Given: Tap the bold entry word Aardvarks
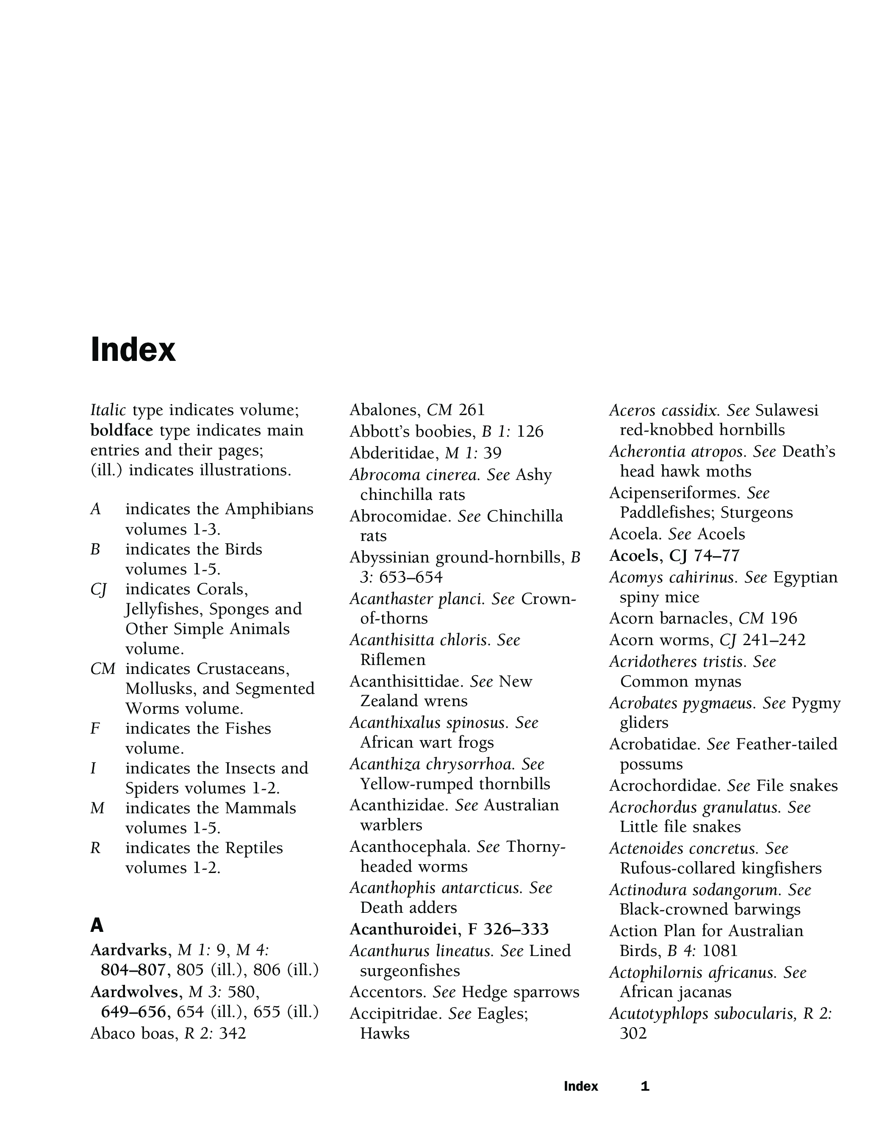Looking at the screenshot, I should point(130,950).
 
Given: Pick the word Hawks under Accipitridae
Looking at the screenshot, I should point(385,1034).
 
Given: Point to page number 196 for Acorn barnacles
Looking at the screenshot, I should point(784,618).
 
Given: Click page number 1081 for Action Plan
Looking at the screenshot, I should point(719,951).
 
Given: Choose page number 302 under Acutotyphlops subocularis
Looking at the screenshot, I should point(633,1034).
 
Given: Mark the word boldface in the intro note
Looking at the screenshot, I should point(122,430).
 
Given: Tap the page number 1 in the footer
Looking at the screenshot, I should point(645,1086).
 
